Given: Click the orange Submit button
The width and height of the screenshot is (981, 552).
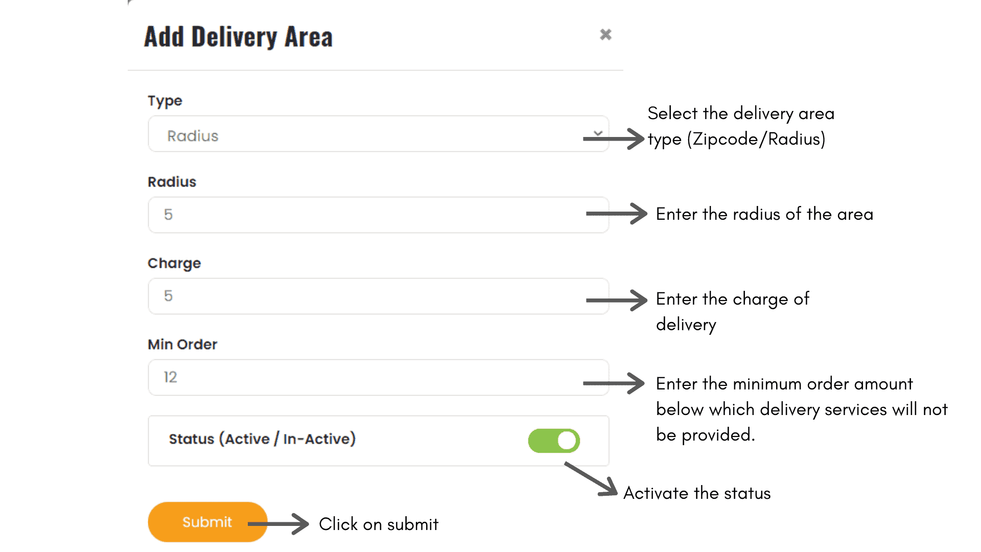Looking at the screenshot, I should point(207,522).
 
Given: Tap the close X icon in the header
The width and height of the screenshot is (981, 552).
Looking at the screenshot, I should point(605,35).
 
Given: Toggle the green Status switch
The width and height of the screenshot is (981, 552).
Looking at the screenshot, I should point(554,441).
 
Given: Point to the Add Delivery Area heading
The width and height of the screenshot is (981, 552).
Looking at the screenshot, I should point(238,37).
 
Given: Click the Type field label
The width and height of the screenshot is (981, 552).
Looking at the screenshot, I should point(165,101).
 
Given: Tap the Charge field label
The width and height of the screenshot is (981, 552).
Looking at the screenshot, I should point(174,263).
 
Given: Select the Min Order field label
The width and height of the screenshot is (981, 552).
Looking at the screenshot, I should point(182,344).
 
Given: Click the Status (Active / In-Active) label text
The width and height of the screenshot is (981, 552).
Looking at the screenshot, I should point(262,439).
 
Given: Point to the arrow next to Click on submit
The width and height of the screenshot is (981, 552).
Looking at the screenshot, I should point(279,524).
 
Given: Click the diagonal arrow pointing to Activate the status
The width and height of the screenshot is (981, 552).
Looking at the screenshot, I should point(592,479).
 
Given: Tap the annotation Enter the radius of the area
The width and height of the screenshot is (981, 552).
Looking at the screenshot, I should point(764,214).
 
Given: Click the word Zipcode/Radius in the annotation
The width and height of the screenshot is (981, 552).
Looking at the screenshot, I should point(756,139).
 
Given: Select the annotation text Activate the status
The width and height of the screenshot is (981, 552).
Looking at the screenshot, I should point(697,493).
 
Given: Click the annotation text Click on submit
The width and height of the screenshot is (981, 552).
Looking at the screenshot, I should point(379,524).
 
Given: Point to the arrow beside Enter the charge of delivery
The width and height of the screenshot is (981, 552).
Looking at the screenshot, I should point(617,300).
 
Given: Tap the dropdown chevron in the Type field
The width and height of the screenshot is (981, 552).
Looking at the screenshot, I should point(598,133).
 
